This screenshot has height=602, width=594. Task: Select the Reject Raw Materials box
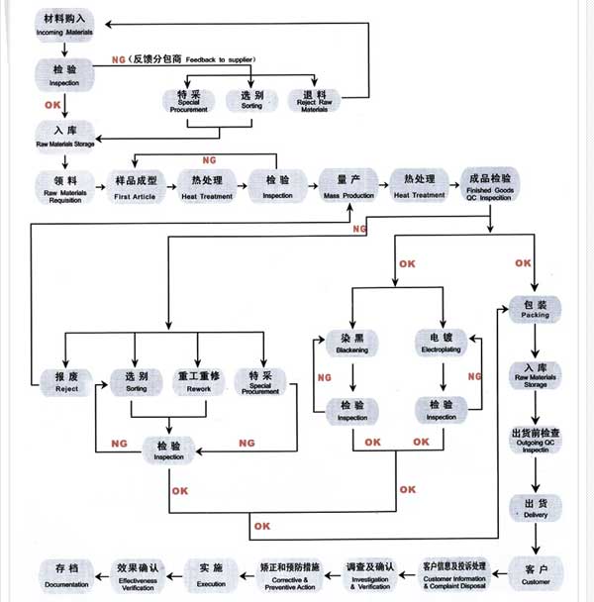318,99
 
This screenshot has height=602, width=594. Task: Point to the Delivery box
536,508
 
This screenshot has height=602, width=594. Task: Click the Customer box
536,571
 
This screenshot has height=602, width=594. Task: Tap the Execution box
211,571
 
